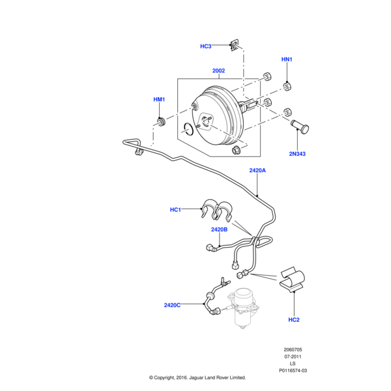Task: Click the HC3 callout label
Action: [206, 46]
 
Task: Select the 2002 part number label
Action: [218, 71]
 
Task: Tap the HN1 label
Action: [287, 59]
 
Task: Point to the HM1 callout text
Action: [159, 99]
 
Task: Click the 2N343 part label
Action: [297, 154]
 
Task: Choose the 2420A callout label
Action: [257, 170]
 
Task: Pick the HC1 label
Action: [175, 209]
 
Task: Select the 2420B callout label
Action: [219, 229]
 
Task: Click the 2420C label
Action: [173, 304]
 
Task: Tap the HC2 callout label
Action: [293, 319]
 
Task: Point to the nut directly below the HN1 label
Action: [287, 85]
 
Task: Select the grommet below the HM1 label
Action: [160, 122]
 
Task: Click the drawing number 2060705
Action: [292, 349]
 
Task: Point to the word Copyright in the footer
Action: [171, 377]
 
